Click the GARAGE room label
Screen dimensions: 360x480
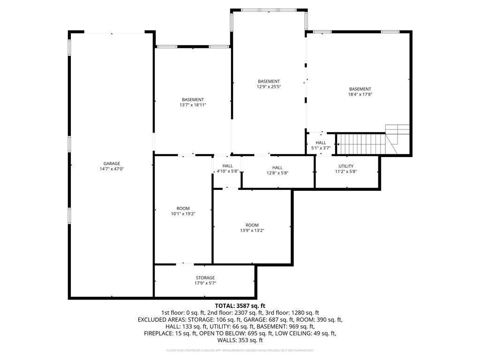pos(112,164)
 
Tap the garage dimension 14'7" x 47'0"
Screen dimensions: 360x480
pos(112,169)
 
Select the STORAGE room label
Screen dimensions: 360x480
pos(205,278)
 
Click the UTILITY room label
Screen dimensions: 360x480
pos(346,166)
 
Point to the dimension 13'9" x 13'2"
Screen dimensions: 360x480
pos(252,230)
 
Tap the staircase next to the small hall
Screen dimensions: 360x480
pos(361,143)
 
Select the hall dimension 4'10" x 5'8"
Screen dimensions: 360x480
pos(227,172)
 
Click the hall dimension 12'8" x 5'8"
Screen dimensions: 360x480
pos(277,172)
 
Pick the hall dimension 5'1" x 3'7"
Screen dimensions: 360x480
pos(321,148)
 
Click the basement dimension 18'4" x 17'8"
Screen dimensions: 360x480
pos(360,94)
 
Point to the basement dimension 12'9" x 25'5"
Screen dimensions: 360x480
pos(269,87)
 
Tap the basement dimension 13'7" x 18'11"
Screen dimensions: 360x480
pos(193,105)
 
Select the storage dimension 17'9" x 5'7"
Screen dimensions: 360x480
pos(205,283)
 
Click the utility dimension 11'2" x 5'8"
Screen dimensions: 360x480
pos(346,172)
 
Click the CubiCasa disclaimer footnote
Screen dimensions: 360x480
pos(240,351)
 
